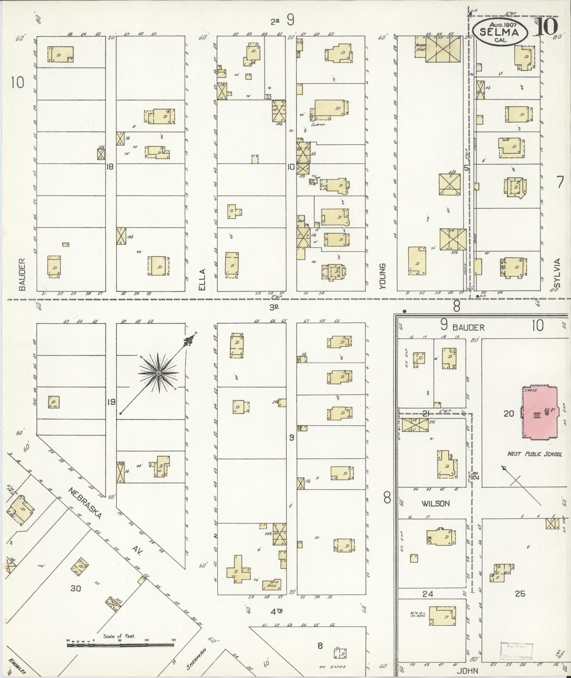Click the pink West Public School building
coord(539,413)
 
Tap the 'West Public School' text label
coord(535,454)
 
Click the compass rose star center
coord(158,373)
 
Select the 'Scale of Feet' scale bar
coord(120,645)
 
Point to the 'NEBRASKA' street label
coord(85,504)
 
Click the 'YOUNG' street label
coord(382,276)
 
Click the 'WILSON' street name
coord(435,504)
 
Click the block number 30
coord(76,589)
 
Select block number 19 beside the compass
coord(111,402)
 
